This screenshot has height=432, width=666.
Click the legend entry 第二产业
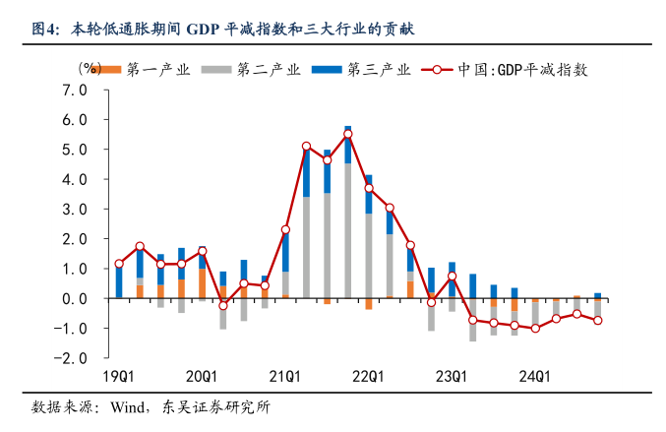pyautogui.click(x=254, y=70)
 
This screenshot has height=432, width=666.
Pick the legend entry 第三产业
pyautogui.click(x=363, y=70)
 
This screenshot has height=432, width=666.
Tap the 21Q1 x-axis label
pyautogui.click(x=285, y=377)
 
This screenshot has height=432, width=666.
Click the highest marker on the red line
pyautogui.click(x=348, y=134)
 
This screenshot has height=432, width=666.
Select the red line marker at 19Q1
pyautogui.click(x=119, y=264)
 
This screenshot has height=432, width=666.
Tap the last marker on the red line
pyautogui.click(x=597, y=320)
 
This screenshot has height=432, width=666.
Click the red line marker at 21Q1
pyautogui.click(x=285, y=229)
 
